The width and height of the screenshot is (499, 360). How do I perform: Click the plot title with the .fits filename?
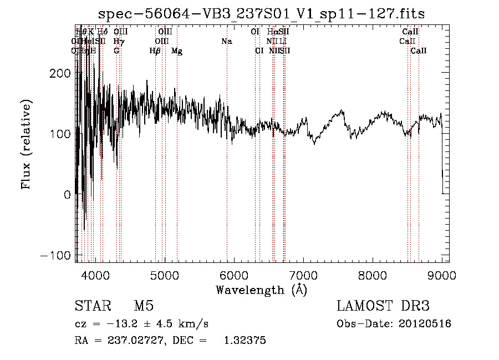coord(261,14)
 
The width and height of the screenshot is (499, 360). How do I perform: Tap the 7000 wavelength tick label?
coord(303,274)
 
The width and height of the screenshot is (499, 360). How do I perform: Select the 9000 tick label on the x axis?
coord(442,274)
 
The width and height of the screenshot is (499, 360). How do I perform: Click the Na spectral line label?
coord(226,42)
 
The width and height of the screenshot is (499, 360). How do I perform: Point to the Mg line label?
coord(177,51)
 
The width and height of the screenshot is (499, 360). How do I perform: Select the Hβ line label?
coord(155,51)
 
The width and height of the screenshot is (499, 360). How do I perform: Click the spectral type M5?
coord(144,307)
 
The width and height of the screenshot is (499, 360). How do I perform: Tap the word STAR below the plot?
coord(90,307)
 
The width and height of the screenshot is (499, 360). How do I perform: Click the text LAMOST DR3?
coord(383,307)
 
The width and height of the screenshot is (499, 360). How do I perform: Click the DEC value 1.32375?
coord(245,341)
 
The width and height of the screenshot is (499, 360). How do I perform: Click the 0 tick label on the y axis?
coord(68,195)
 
